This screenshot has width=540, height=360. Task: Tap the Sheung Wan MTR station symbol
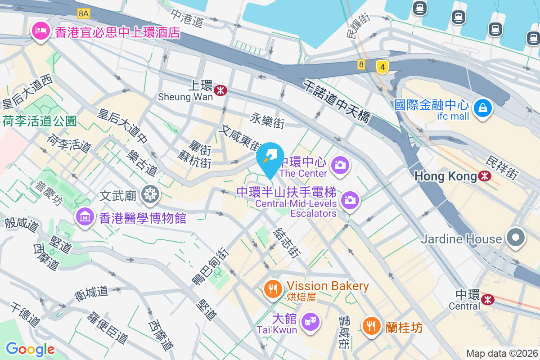[x=220, y=90]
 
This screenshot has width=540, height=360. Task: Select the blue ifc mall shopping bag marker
[x=482, y=108]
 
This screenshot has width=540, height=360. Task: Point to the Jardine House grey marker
[x=515, y=238]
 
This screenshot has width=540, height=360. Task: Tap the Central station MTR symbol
[x=486, y=299]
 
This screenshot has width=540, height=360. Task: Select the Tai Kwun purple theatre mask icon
[x=310, y=322]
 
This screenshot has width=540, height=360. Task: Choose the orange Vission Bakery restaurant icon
[x=272, y=288]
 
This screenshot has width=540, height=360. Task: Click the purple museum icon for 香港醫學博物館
[x=85, y=218]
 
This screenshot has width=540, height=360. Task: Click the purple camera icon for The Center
[x=340, y=165]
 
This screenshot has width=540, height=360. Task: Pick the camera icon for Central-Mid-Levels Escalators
[x=350, y=200]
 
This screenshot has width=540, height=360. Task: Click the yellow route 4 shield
[x=382, y=67]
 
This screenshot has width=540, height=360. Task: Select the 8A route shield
[x=84, y=13]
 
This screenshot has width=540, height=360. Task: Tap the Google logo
[x=30, y=349]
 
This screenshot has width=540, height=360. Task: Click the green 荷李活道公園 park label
[x=40, y=121]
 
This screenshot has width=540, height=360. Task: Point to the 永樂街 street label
[x=267, y=121]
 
